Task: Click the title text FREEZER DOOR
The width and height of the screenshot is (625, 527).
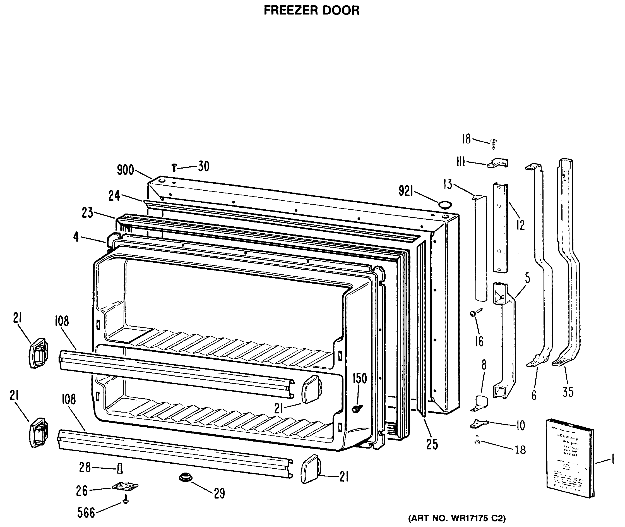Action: (311, 10)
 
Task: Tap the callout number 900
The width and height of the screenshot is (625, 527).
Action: (125, 170)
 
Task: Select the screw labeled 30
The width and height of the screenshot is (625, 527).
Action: (174, 168)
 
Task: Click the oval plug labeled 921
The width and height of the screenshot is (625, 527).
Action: (445, 205)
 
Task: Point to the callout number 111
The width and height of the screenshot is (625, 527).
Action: (461, 162)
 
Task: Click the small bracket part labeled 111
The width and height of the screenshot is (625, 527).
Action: (498, 163)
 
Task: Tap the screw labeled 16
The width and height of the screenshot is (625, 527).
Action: (475, 313)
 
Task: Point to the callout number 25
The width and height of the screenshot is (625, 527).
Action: (432, 444)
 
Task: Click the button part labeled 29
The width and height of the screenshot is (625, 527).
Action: (186, 477)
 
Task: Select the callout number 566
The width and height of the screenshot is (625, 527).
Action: (86, 513)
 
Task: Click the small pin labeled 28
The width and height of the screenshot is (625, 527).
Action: (120, 468)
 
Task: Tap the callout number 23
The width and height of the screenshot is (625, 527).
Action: (88, 213)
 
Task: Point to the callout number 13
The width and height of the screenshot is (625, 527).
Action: (448, 184)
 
